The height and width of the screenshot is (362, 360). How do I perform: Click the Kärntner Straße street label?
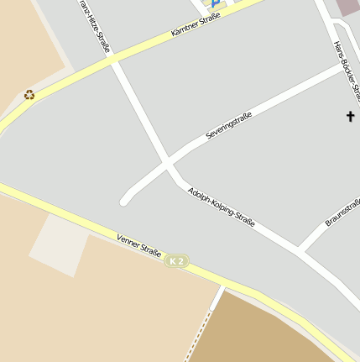point(196,24)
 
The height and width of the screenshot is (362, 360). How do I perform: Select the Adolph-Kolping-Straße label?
point(222,207)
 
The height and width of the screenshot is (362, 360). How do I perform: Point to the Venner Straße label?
point(139,245)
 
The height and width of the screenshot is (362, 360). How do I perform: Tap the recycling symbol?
point(29,95)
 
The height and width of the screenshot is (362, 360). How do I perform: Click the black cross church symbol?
point(350,116)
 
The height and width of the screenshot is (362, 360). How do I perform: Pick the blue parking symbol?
point(214,3)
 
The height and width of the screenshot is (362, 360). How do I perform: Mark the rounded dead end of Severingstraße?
point(125,201)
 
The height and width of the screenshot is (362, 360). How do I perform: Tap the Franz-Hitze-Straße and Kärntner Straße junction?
point(113,61)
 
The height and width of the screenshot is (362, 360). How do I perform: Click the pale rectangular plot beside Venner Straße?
point(60,244)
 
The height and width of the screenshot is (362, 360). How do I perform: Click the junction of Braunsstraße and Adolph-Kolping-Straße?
point(300,251)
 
